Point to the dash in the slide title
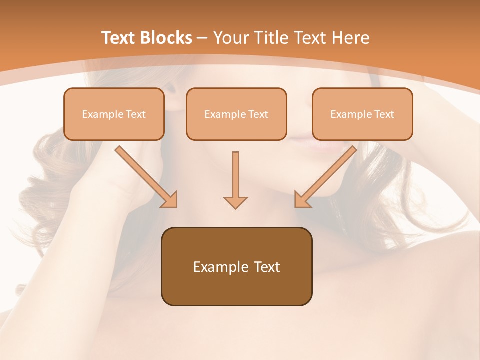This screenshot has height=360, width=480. [x=202, y=38]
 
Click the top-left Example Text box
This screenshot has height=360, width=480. [x=114, y=114]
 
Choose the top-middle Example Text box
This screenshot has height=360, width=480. [x=236, y=114]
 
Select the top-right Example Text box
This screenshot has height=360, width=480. [x=362, y=114]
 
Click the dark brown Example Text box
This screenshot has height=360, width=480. [x=236, y=266]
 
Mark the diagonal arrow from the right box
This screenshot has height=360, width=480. [x=326, y=177]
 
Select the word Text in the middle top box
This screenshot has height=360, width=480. [x=258, y=114]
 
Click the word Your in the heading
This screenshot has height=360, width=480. [x=230, y=38]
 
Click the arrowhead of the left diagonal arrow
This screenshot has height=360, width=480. [x=170, y=200]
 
